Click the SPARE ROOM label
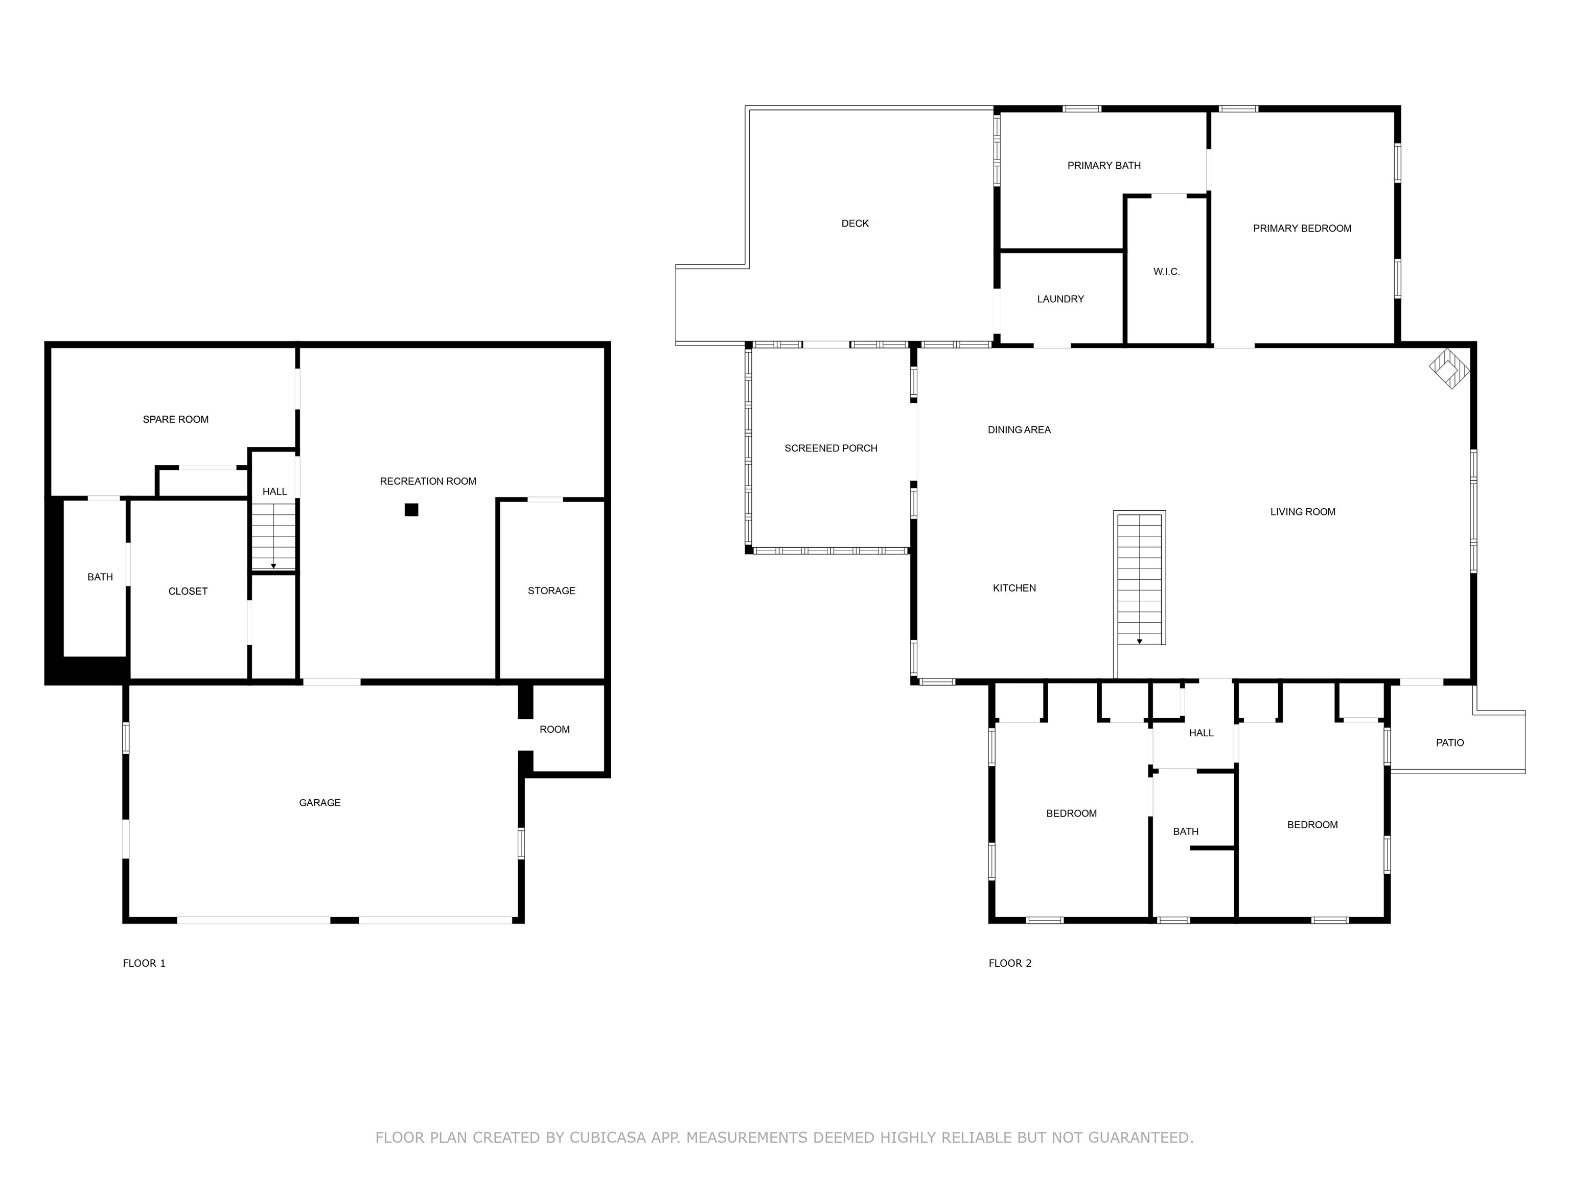pyautogui.click(x=175, y=420)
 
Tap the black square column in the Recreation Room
pyautogui.click(x=411, y=509)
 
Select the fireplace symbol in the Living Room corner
pyautogui.click(x=1449, y=368)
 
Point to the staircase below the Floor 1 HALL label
pyautogui.click(x=273, y=536)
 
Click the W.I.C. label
pyautogui.click(x=1166, y=272)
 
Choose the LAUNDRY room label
pyautogui.click(x=1060, y=299)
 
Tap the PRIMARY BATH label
pyautogui.click(x=1104, y=166)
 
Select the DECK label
pyautogui.click(x=855, y=223)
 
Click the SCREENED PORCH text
pyautogui.click(x=830, y=448)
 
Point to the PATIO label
pyautogui.click(x=1449, y=743)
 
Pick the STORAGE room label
pyautogui.click(x=551, y=591)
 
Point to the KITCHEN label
pyautogui.click(x=1014, y=588)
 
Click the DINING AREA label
pyautogui.click(x=1019, y=429)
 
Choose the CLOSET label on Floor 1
pyautogui.click(x=188, y=592)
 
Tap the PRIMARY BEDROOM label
pyautogui.click(x=1302, y=229)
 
